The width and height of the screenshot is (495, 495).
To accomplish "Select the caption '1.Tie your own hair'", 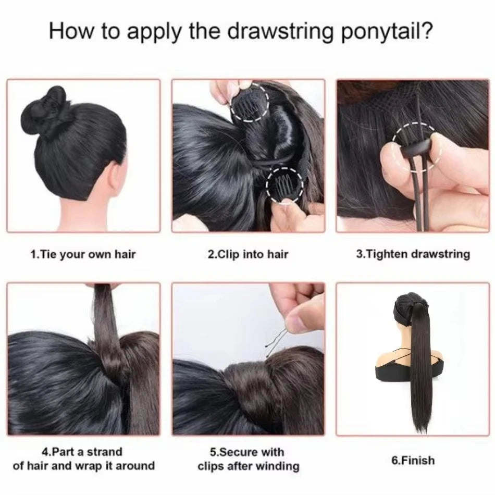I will tap(83, 255).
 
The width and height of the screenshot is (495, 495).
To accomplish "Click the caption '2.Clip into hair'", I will tap(248, 255).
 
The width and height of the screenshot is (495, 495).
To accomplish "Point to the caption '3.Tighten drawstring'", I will tap(413, 255).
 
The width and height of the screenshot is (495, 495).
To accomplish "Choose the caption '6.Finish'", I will tap(412, 460).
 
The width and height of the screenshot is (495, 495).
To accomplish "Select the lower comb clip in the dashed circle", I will tap(282, 188).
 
